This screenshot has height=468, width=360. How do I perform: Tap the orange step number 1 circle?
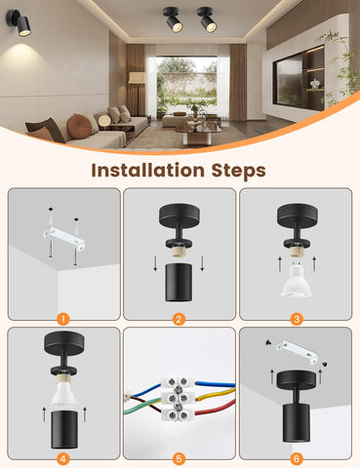click(x=62, y=317)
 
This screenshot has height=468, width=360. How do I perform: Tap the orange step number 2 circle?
click(x=180, y=317)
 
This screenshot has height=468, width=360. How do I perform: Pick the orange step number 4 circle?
click(x=62, y=456)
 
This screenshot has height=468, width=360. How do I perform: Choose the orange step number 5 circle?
click(x=180, y=456)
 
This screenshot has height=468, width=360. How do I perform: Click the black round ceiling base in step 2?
click(x=180, y=215)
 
